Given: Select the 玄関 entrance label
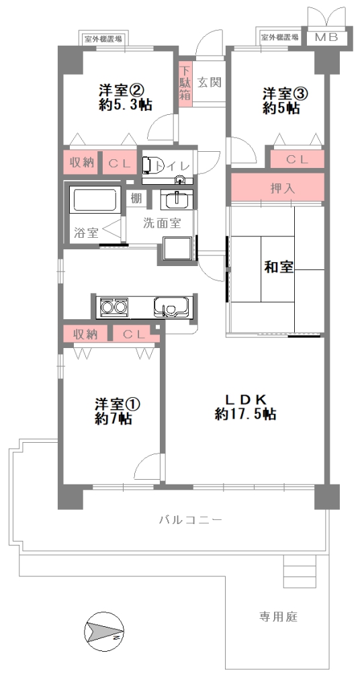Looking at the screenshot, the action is click(209, 82).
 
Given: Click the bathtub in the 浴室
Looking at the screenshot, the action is click(95, 200).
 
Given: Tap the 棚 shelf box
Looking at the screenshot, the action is click(136, 198).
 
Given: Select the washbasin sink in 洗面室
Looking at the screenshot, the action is click(177, 200).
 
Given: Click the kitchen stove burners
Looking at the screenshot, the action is click(114, 306).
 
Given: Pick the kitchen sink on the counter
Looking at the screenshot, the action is click(171, 306).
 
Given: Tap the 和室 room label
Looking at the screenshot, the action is click(279, 267).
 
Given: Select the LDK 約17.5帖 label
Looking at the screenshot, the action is click(246, 406).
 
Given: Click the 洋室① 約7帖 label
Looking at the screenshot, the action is click(113, 411).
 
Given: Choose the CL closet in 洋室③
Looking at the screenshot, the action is click(298, 159).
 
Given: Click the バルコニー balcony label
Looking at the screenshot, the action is click(191, 521).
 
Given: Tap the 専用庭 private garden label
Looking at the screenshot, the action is click(278, 617).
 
